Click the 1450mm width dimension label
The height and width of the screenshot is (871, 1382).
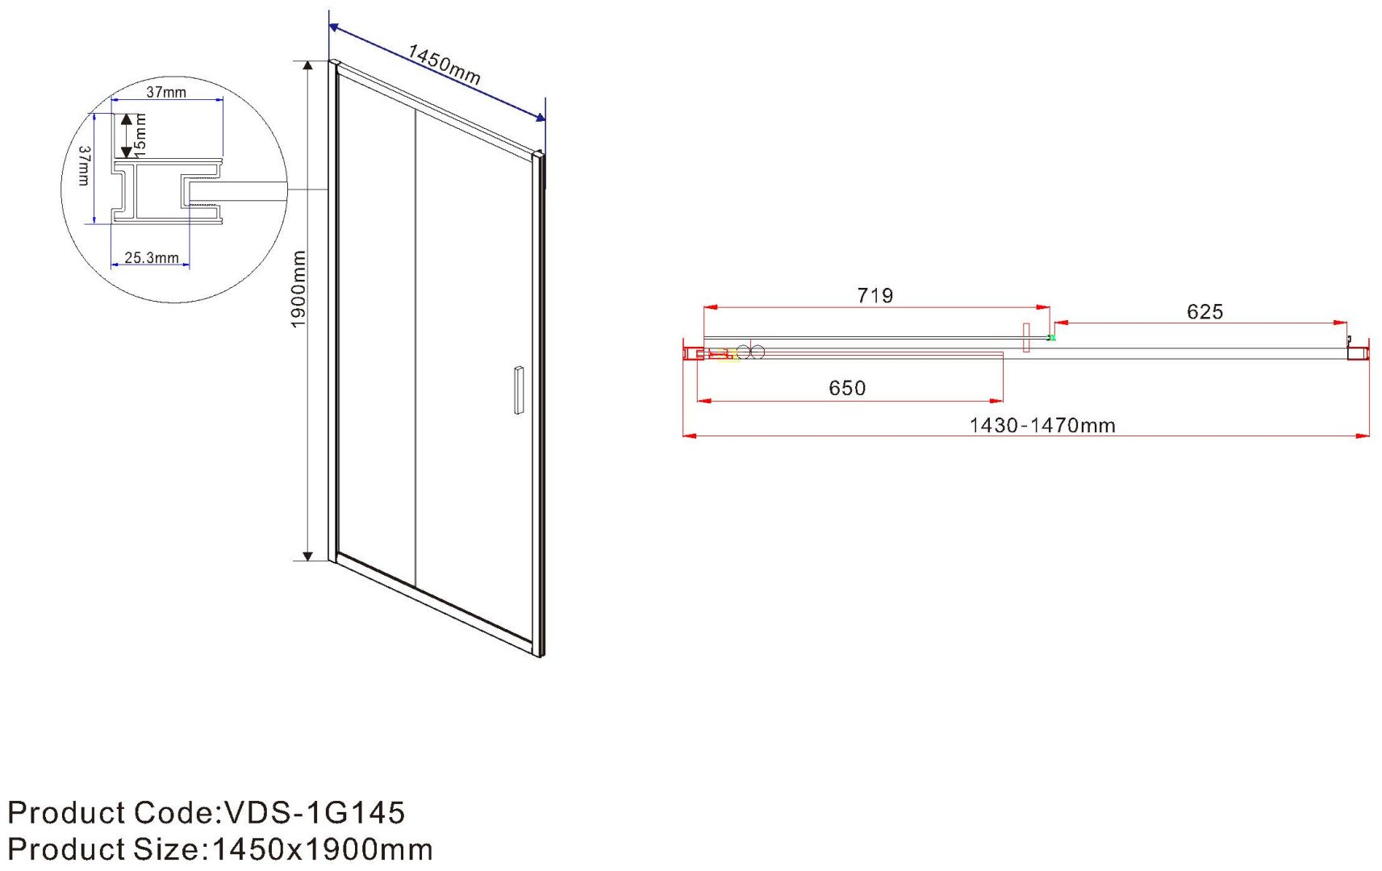[444, 65]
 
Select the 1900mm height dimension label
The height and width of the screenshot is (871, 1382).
[299, 290]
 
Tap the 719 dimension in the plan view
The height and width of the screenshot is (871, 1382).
[875, 296]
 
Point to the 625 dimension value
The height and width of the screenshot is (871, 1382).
[1205, 312]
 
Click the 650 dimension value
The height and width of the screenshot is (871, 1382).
[847, 388]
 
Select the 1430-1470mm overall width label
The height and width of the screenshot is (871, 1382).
[1042, 426]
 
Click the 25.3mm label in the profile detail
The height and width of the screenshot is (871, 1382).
[151, 258]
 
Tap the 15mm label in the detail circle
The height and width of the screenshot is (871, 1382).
[140, 135]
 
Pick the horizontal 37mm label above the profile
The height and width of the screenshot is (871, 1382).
[166, 93]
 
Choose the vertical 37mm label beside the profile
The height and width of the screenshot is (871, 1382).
[85, 165]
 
